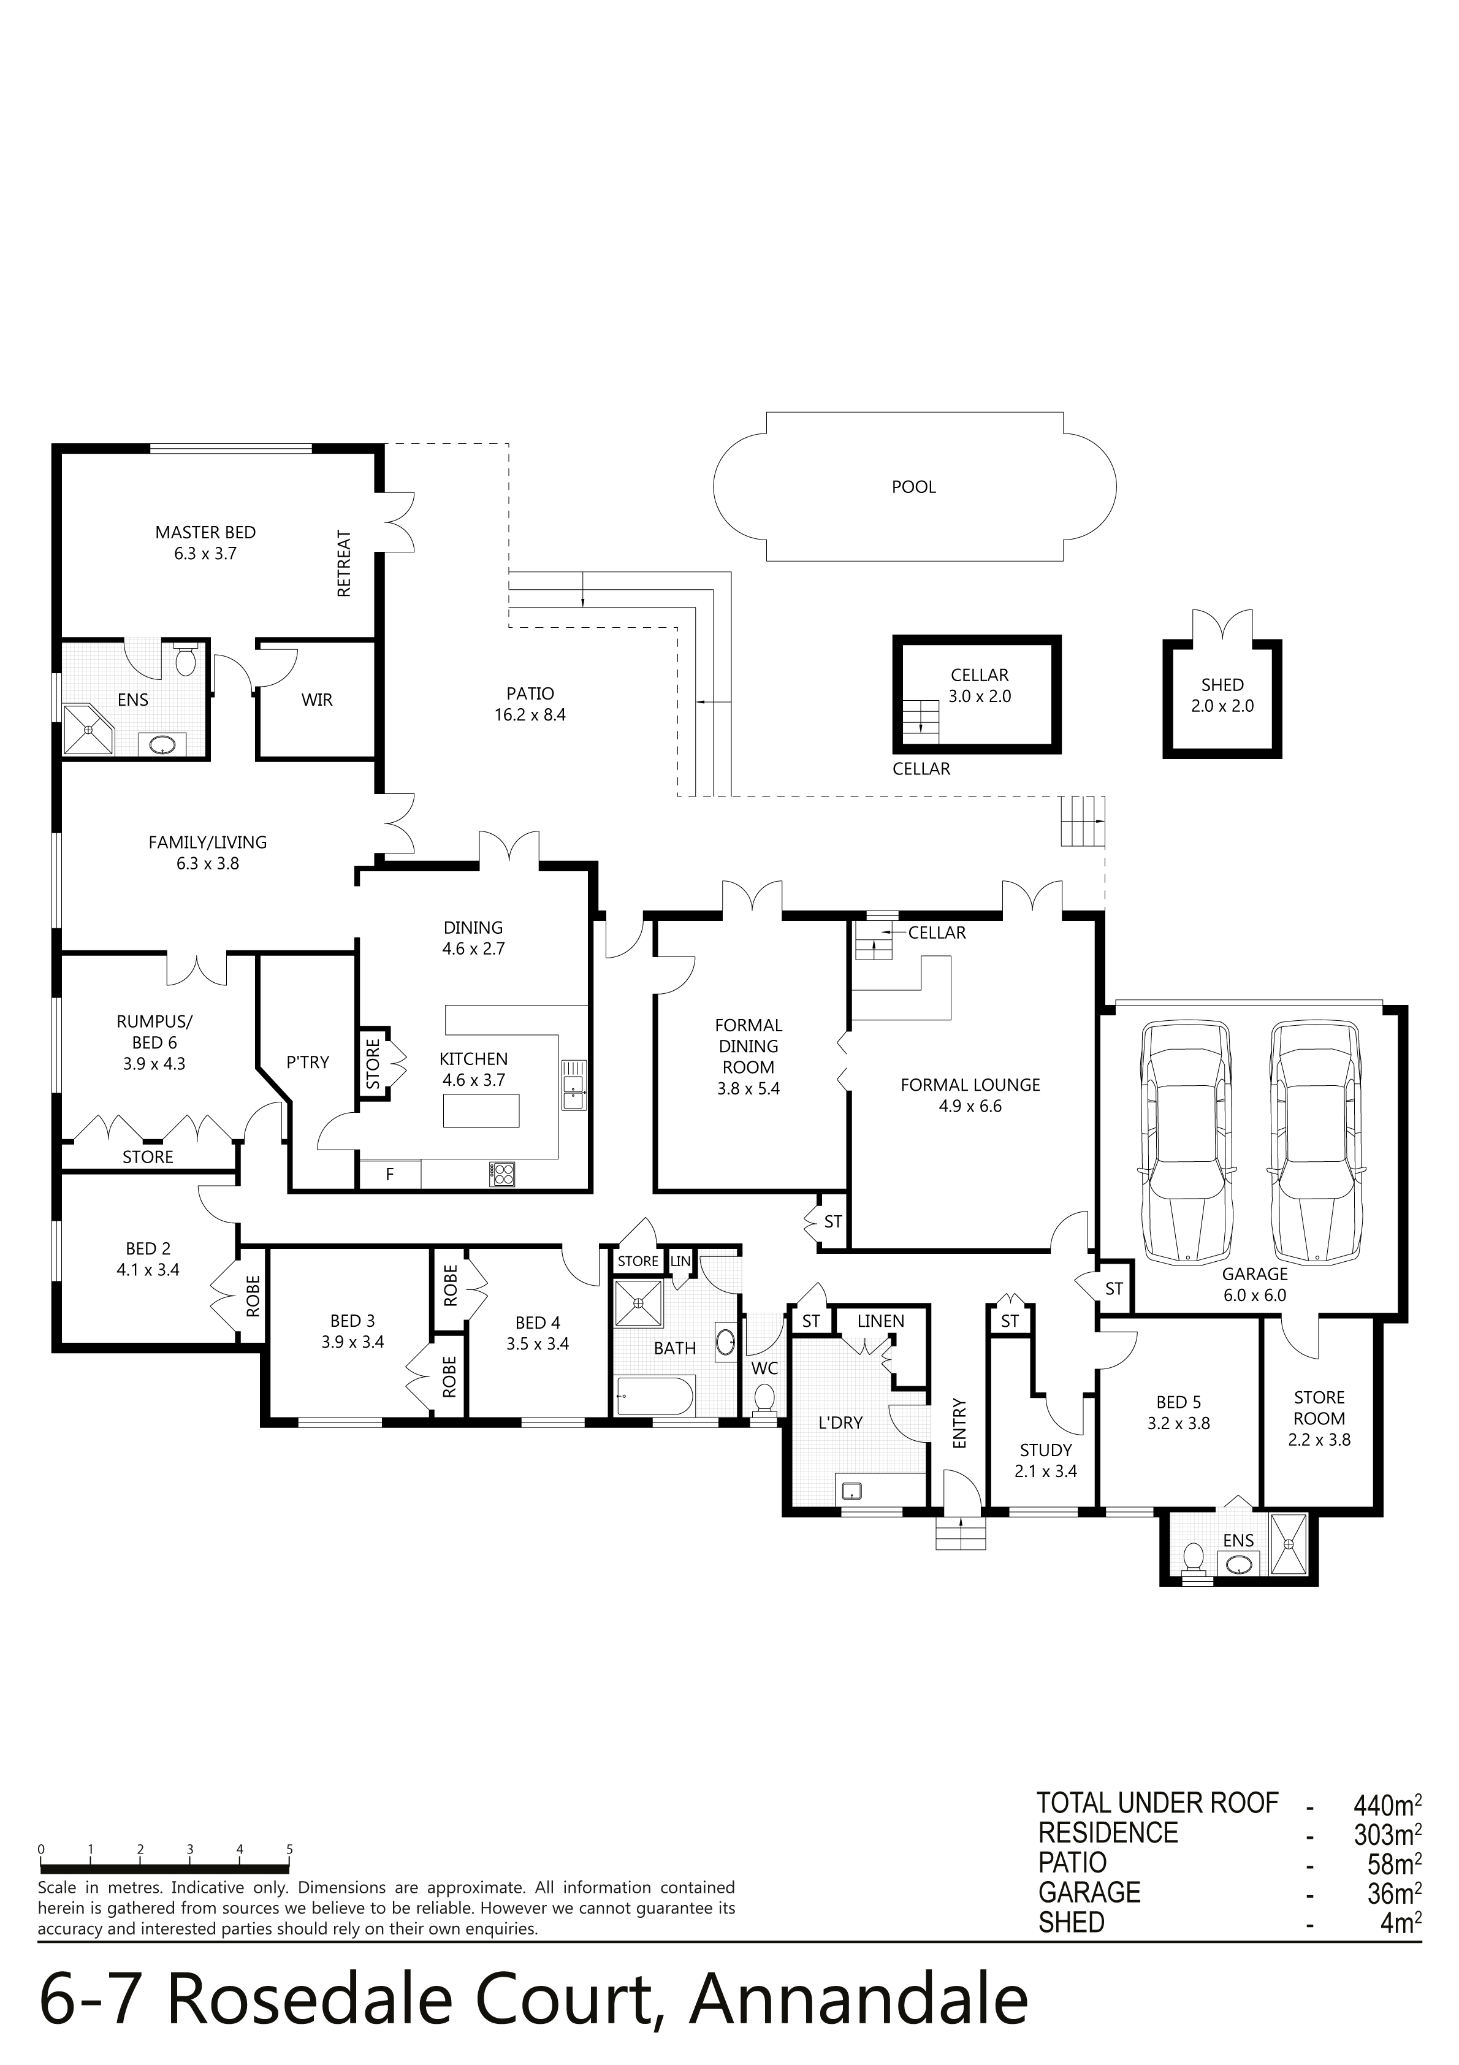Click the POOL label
[x=914, y=487]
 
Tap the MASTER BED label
[x=205, y=532]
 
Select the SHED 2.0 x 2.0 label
[x=1222, y=695]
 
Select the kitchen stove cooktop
[x=503, y=1173]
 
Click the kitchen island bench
[x=481, y=1110]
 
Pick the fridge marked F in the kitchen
[x=389, y=1174]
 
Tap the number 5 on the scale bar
[x=289, y=1849]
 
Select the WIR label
[x=316, y=700]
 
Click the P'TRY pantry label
[x=308, y=1062]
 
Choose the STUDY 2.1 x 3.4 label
[x=1045, y=1460]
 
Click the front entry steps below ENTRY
[x=962, y=1533]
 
